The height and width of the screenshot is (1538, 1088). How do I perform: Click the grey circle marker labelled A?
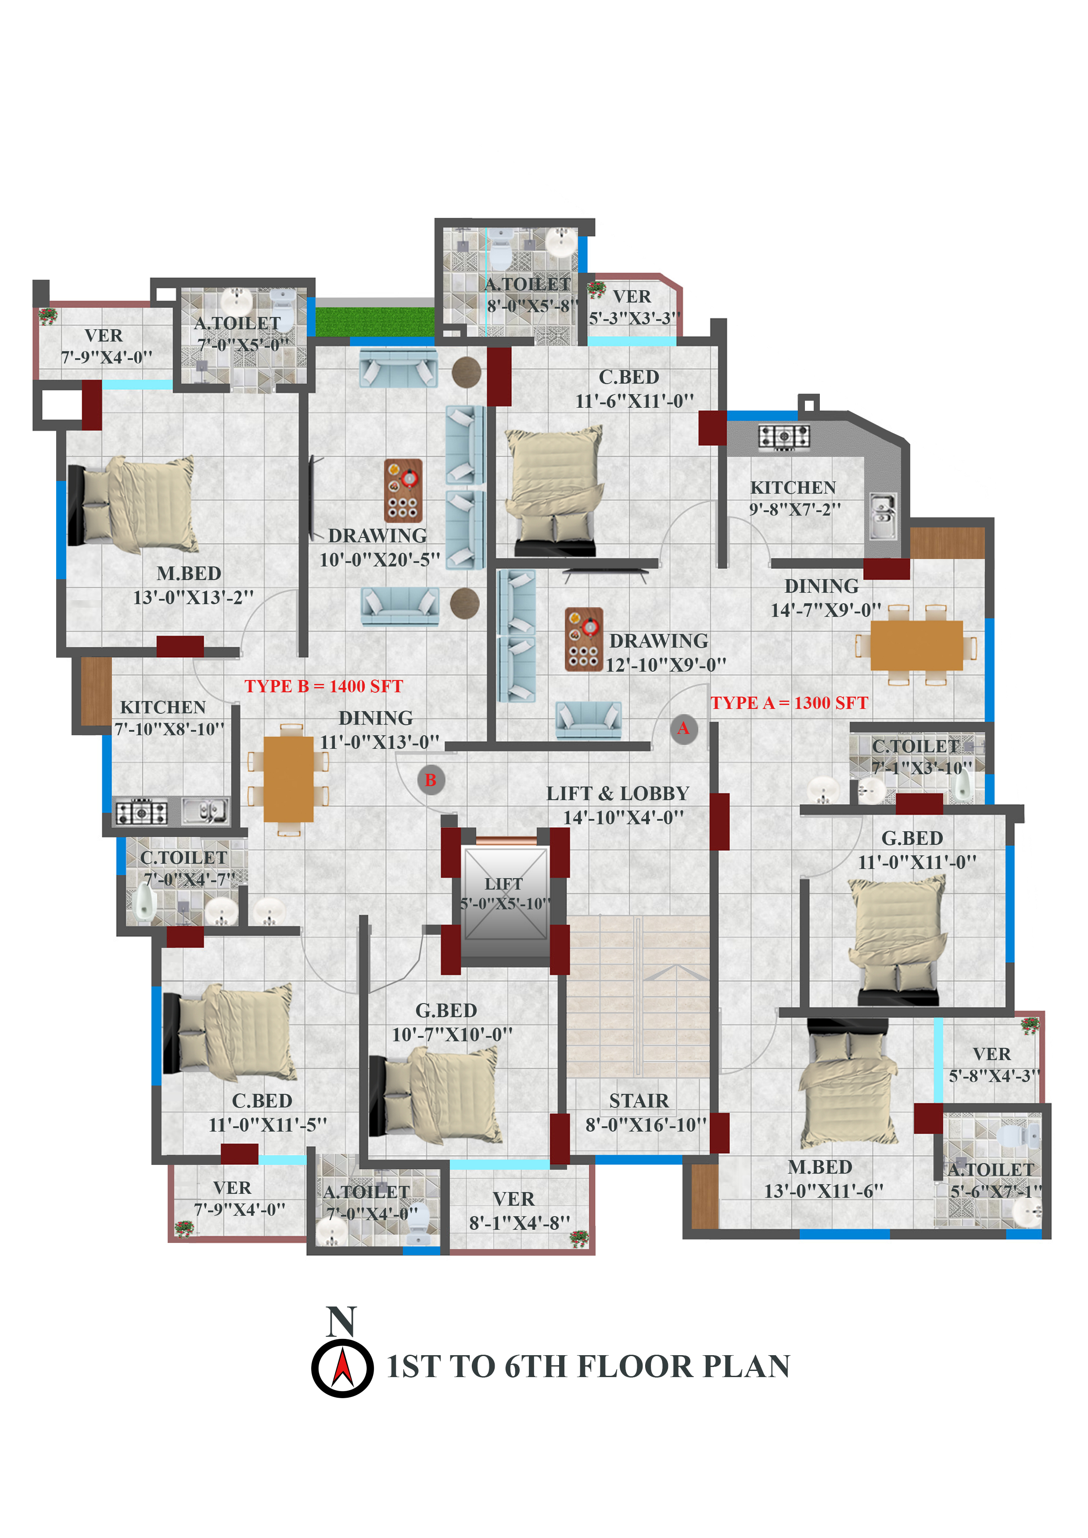point(684,729)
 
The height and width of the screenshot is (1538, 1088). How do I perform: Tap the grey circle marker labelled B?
point(431,780)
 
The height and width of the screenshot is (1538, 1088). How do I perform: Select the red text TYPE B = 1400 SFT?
point(324,687)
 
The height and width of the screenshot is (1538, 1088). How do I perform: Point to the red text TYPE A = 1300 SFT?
point(790,703)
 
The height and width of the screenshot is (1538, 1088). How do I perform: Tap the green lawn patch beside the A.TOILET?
point(375,321)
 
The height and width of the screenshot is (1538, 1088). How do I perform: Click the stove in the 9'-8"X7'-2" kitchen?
point(784,437)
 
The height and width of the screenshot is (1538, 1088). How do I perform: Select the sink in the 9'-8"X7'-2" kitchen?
point(883,516)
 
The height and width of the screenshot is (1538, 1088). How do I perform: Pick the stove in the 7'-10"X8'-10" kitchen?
point(141,812)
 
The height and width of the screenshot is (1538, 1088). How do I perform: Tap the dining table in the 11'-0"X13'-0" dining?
point(288,779)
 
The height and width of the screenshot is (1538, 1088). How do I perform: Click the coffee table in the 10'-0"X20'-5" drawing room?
point(403,491)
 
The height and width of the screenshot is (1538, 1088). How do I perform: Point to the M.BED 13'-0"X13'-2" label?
point(194,585)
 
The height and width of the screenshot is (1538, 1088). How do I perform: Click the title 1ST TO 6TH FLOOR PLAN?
point(589,1367)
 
